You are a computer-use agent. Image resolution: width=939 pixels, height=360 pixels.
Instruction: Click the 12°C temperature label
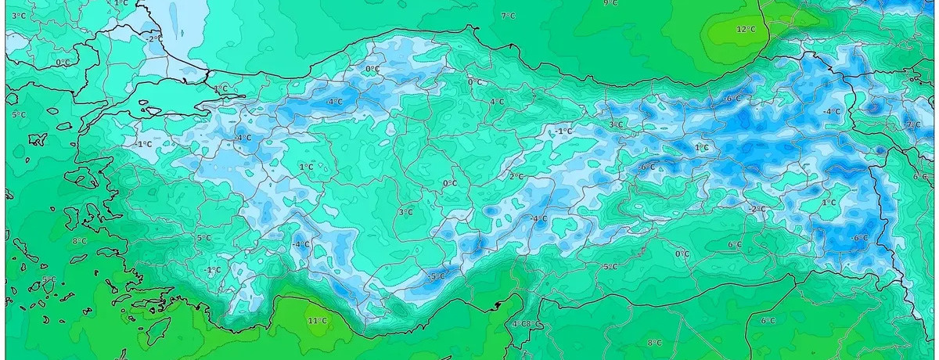pyautogui.click(x=745, y=29)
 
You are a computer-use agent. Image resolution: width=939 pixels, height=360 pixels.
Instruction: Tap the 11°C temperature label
pyautogui.click(x=317, y=320)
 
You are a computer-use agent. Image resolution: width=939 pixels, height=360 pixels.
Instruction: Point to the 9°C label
pyautogui.click(x=610, y=3)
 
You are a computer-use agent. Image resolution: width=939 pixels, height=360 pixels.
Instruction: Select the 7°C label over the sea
pyautogui.click(x=508, y=16)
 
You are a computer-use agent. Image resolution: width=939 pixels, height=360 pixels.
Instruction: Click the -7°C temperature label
pyautogui.click(x=912, y=125)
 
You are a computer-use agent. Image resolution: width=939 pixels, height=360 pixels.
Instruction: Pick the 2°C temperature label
pyautogui.click(x=516, y=176)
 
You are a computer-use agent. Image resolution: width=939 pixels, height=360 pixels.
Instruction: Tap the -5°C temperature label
pyautogui.click(x=437, y=276)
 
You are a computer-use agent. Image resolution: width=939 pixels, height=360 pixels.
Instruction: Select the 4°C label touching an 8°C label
pyautogui.click(x=516, y=324)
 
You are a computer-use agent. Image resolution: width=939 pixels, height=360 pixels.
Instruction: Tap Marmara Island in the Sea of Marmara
pyautogui.click(x=146, y=103)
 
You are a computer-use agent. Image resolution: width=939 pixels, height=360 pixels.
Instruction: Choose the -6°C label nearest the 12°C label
pyautogui.click(x=733, y=99)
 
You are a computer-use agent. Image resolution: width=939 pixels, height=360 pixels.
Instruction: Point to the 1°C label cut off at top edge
pyautogui.click(x=121, y=3)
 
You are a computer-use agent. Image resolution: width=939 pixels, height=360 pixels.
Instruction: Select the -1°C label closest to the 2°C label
pyautogui.click(x=563, y=131)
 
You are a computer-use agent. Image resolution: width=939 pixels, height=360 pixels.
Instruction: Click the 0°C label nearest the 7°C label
pyautogui.click(x=475, y=81)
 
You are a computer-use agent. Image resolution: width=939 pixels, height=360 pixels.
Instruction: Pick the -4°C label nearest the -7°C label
pyautogui.click(x=832, y=112)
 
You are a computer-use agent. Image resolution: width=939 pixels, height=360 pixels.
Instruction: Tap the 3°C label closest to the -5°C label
pyautogui.click(x=405, y=212)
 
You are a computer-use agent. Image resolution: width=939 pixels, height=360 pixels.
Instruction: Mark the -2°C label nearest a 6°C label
pyautogui.click(x=757, y=209)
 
